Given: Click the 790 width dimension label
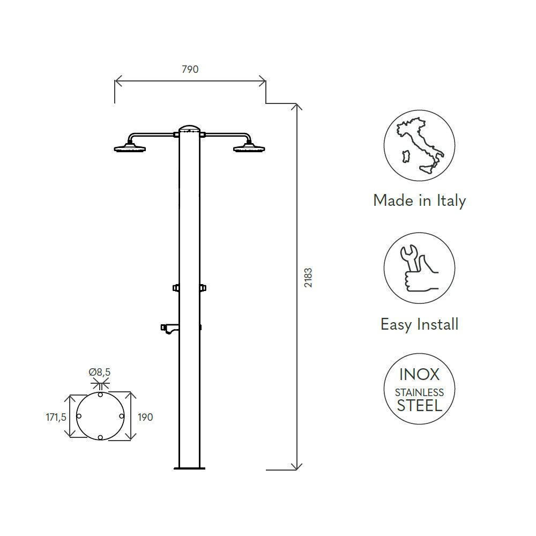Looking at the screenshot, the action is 190,69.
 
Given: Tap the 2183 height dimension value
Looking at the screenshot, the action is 308,278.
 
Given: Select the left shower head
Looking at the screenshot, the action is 130,148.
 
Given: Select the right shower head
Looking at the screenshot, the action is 249,148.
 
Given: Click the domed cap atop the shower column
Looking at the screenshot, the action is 189,128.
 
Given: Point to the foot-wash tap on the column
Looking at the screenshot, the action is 169,329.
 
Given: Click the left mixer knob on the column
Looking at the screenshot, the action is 176,288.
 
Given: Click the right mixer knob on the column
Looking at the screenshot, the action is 203,288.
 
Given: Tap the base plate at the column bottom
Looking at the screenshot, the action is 189,468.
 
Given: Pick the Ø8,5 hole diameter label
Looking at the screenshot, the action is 100,372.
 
